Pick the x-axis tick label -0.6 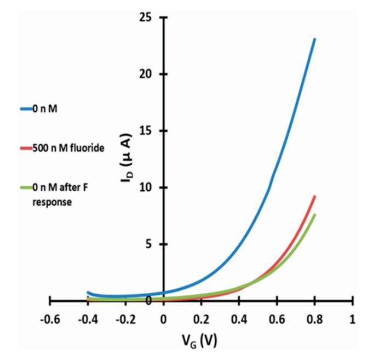[x=50, y=319]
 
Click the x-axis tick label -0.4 [x=88, y=319]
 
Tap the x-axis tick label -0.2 [x=125, y=319]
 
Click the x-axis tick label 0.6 [x=277, y=319]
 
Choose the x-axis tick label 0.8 [x=315, y=319]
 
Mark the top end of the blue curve [x=314, y=39]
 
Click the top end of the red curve [x=314, y=196]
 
